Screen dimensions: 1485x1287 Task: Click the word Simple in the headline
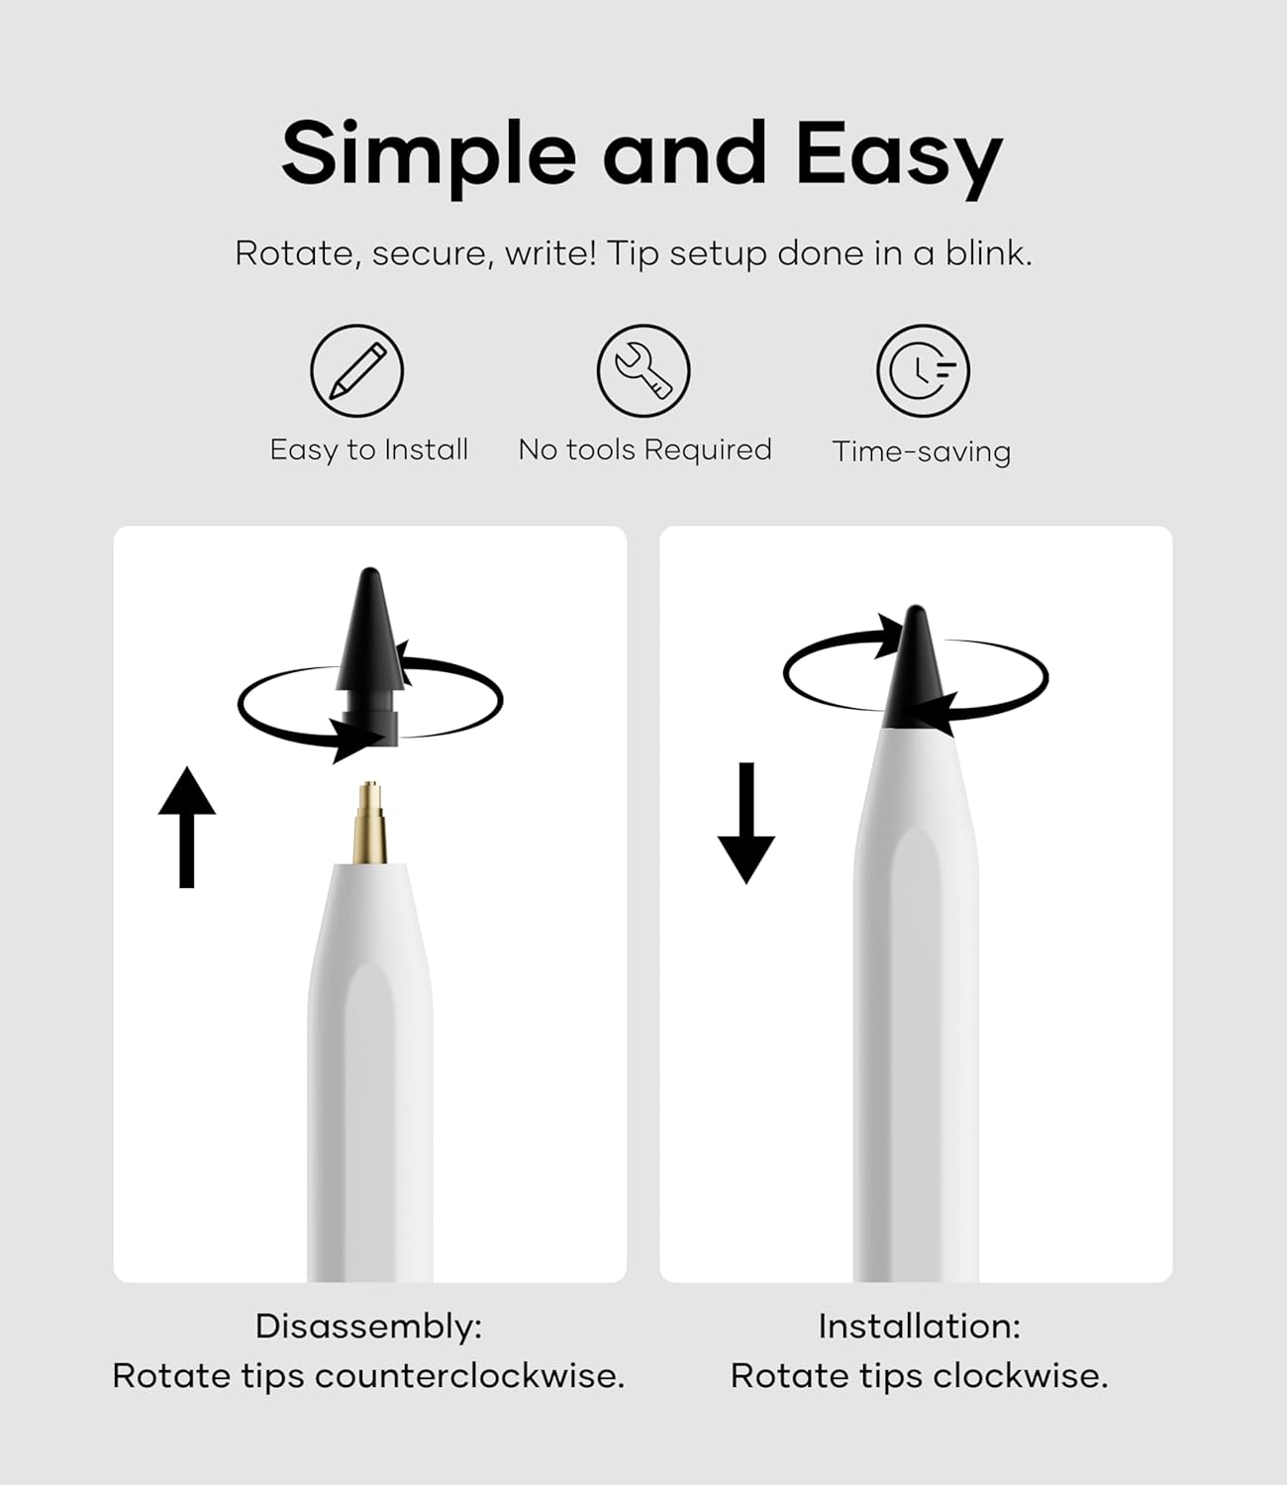(428, 155)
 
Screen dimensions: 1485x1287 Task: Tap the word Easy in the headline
(898, 155)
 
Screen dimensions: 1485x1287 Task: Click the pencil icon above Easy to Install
(356, 371)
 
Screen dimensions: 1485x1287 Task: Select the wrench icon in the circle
(643, 371)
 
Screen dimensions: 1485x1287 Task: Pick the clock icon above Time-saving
(923, 371)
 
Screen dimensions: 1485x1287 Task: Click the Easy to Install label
(368, 450)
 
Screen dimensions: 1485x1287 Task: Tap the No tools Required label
(644, 450)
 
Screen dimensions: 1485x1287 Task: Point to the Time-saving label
(921, 452)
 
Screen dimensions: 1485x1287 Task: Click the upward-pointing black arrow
(186, 827)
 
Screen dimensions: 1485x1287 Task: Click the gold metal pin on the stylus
(371, 822)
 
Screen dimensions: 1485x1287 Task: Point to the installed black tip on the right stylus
(917, 673)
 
